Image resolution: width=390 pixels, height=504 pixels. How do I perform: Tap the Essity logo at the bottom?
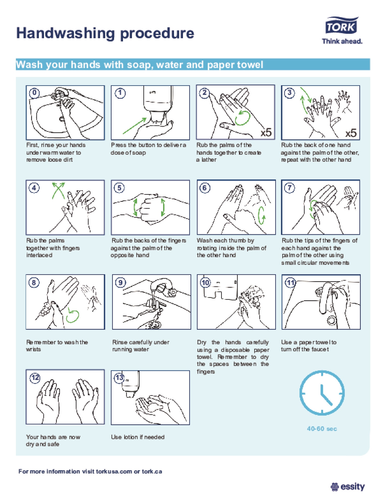[x=348, y=486]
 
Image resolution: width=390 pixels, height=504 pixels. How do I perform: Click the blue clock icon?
[x=322, y=393]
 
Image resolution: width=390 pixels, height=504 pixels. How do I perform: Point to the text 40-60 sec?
[x=322, y=429]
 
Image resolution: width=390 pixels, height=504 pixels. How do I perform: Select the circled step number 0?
[x=34, y=93]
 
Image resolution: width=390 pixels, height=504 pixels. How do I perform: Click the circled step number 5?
[x=119, y=188]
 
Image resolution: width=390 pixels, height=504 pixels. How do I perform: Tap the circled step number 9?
[x=120, y=282]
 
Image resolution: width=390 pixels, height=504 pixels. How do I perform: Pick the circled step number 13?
[x=119, y=377]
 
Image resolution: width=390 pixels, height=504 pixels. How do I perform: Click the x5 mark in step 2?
[x=266, y=132]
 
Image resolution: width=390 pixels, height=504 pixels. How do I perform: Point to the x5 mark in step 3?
[x=351, y=133]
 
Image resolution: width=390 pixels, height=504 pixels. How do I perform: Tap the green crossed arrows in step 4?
[x=59, y=191]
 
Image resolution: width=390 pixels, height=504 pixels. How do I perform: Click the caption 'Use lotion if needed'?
[x=138, y=437]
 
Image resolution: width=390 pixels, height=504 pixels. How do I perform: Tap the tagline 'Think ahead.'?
[x=342, y=41]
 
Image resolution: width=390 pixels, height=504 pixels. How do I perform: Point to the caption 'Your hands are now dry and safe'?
[x=53, y=440]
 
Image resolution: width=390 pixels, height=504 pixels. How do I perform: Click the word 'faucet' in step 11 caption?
[x=320, y=349]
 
